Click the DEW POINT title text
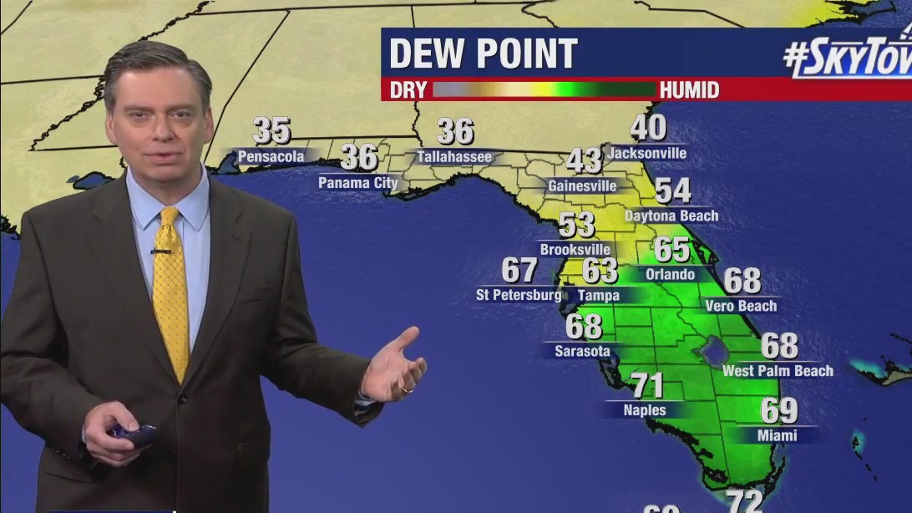(x=483, y=54)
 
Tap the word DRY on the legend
(x=408, y=89)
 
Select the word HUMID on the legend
(x=689, y=89)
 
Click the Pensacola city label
(x=271, y=156)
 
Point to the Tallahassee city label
(x=456, y=156)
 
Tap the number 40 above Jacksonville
(x=648, y=128)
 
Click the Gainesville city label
(x=582, y=185)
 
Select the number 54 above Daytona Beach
(x=672, y=191)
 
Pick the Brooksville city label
(x=575, y=249)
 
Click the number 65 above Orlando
(x=671, y=250)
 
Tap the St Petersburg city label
(x=519, y=295)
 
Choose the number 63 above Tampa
(x=600, y=271)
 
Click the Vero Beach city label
(x=741, y=306)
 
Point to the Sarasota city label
(x=582, y=351)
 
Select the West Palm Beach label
(x=778, y=370)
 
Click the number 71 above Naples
(x=646, y=386)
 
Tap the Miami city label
(x=778, y=435)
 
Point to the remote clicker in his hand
(x=133, y=432)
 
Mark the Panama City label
(x=357, y=181)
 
